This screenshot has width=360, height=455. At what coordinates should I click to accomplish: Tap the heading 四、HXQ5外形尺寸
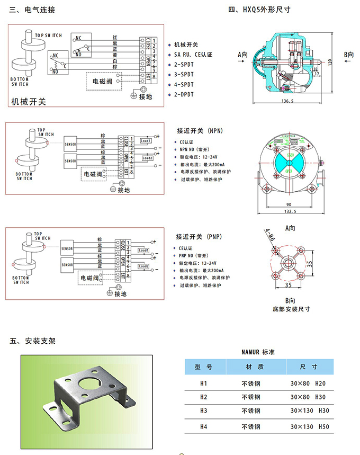pos(259,10)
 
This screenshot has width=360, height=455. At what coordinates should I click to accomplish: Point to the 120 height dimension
pos(329,63)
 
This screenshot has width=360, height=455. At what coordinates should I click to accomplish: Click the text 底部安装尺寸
pos(291,309)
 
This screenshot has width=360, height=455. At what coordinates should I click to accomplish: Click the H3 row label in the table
pos(203,411)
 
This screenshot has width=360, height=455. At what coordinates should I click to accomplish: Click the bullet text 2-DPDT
pos(184,94)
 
